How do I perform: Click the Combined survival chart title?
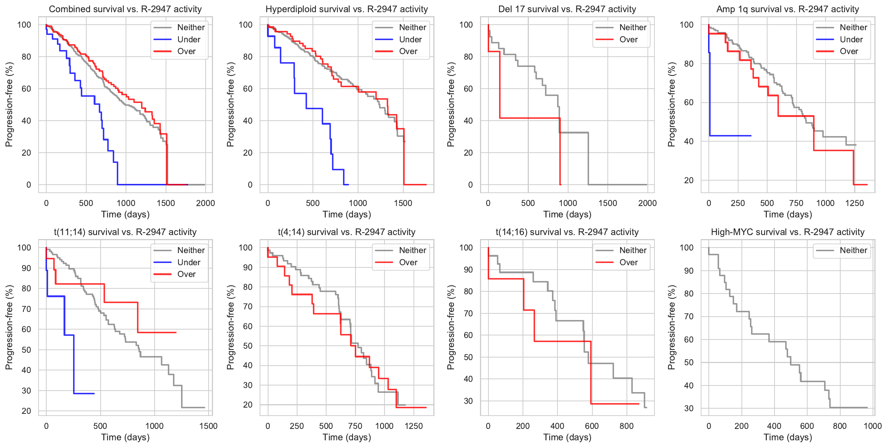[125, 9]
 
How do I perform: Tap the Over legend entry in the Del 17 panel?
[628, 39]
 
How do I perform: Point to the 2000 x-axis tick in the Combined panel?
[205, 203]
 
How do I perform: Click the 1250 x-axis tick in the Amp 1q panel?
[855, 203]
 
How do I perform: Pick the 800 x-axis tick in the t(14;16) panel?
[627, 426]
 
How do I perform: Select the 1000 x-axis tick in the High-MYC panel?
[873, 426]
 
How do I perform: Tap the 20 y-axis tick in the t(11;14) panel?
[26, 411]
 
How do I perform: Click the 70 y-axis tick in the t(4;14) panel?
[248, 307]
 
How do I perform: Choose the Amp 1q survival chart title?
[788, 9]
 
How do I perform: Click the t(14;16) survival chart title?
[567, 232]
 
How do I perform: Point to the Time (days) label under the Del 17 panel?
[567, 214]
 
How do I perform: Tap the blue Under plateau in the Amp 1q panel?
[731, 136]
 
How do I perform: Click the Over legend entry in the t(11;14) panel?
[186, 274]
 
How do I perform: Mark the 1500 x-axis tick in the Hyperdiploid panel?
[403, 203]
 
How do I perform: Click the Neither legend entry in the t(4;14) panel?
[412, 250]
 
